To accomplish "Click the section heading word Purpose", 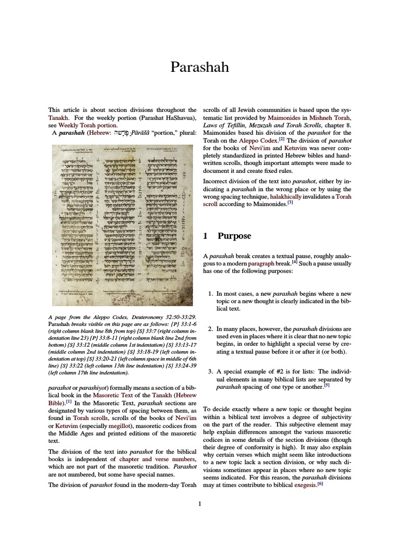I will [x=234, y=236].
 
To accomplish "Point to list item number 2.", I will [x=210, y=329].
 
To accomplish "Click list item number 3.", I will [x=210, y=372].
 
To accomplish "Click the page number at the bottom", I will [x=200, y=503].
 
